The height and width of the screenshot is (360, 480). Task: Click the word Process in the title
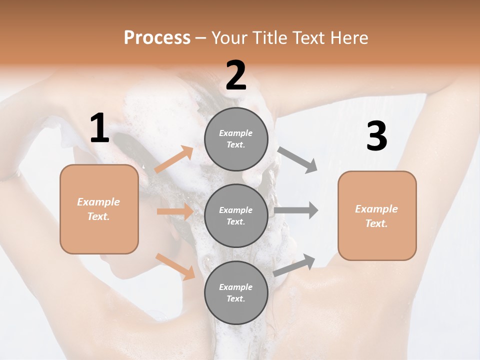click(157, 38)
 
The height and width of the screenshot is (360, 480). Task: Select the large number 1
click(99, 129)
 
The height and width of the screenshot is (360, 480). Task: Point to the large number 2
click(236, 76)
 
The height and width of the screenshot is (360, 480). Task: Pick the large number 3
click(376, 136)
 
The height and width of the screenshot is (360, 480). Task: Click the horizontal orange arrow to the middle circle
click(175, 211)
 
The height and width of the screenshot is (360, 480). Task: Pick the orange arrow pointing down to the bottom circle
click(175, 266)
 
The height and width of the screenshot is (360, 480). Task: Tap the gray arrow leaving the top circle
click(297, 159)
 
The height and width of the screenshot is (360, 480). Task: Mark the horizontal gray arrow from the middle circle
click(296, 210)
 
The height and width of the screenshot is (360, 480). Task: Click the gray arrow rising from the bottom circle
click(294, 264)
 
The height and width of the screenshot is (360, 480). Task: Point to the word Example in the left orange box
click(98, 202)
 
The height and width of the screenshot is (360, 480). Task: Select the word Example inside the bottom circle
click(235, 287)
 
